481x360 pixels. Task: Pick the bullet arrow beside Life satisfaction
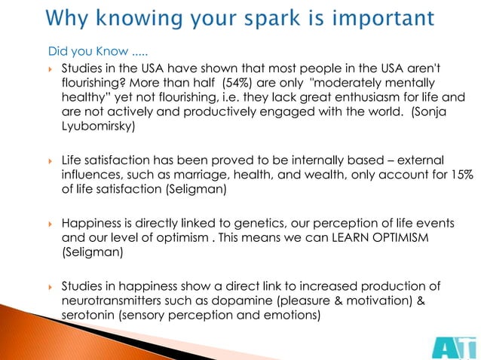[x=49, y=160]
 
